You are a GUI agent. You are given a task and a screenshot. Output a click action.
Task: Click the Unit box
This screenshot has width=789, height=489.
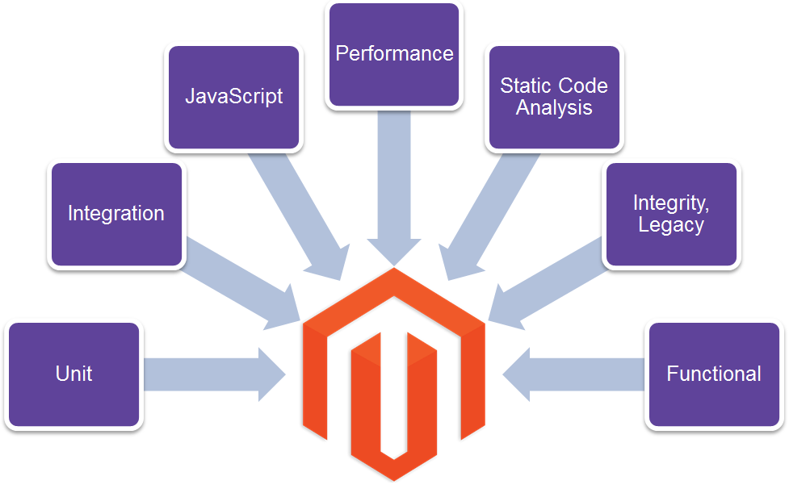click(x=73, y=374)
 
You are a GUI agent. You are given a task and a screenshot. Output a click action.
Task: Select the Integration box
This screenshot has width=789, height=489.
click(x=116, y=214)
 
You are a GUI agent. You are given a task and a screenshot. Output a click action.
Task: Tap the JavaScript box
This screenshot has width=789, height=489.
click(x=233, y=97)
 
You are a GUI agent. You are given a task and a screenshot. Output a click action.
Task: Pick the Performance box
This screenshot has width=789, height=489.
click(x=394, y=55)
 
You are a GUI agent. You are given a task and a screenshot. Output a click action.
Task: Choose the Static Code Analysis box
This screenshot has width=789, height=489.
click(x=554, y=97)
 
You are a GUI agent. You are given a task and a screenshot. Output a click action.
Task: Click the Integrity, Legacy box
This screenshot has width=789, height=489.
click(x=671, y=214)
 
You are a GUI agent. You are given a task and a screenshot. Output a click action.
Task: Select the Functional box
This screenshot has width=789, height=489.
click(x=714, y=374)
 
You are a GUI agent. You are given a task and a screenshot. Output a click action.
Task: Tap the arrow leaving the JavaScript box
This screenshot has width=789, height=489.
click(x=299, y=210)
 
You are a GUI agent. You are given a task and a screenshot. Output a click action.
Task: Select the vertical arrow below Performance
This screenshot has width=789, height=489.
click(x=394, y=186)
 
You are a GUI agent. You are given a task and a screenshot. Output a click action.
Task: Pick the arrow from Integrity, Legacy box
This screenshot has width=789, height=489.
click(x=549, y=282)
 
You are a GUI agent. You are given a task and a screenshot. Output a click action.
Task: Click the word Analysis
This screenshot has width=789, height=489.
click(x=554, y=108)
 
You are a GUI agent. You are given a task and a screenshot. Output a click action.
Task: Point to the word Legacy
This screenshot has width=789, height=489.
click(x=671, y=225)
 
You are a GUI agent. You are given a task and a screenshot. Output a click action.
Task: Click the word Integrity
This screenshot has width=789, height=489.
click(x=671, y=203)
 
